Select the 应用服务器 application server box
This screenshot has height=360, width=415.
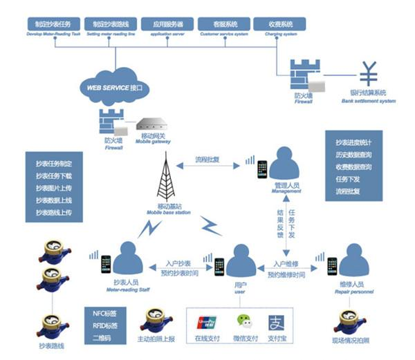[167, 24]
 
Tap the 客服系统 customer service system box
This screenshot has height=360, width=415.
[223, 24]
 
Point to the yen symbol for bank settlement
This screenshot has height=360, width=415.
[367, 75]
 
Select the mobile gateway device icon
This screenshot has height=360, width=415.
[154, 126]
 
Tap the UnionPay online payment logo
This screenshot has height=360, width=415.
[207, 322]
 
